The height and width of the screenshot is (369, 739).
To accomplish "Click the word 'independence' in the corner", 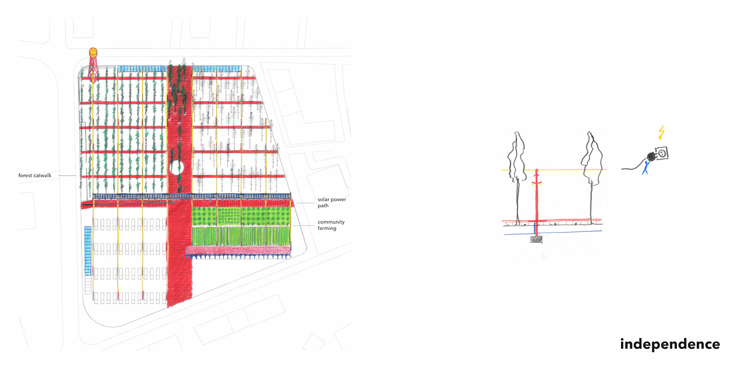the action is (670, 344).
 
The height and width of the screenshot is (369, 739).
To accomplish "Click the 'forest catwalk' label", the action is (35, 175).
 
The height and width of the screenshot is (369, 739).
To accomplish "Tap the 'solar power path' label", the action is (331, 203).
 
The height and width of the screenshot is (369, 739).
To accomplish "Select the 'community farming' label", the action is (331, 225).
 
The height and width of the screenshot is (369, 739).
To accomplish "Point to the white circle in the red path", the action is (177, 168).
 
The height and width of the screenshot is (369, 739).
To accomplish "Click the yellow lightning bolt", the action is (661, 132).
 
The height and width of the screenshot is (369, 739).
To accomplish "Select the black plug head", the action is (651, 156).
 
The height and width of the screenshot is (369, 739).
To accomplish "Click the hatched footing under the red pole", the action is (536, 239).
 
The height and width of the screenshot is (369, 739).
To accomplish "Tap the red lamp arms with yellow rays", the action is (537, 183).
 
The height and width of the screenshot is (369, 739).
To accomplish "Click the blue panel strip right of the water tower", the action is (142, 69).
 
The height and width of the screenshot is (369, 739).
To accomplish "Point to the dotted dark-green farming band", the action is (241, 216).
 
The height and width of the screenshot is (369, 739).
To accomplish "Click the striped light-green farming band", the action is (241, 236).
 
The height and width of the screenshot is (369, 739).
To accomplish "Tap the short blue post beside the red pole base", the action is (534, 230).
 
